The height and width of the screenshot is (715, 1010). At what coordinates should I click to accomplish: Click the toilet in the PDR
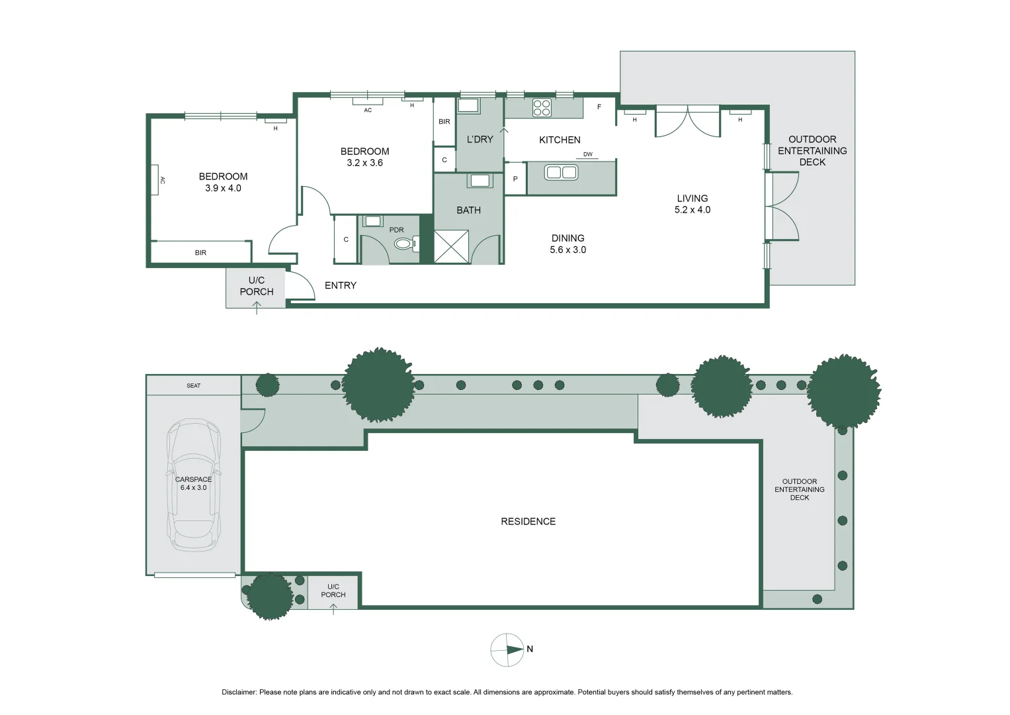406,244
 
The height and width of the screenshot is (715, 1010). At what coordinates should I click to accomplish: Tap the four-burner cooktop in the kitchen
542,108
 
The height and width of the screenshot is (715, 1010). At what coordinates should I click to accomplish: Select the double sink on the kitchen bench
561,172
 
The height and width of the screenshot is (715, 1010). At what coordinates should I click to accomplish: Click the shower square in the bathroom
451,246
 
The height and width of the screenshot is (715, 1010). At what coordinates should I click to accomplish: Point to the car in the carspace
193,485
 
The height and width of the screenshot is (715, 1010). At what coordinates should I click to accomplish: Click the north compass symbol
507,650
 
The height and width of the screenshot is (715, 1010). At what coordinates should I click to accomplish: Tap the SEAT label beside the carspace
193,385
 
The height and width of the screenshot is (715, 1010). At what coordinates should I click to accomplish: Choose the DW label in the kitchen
587,154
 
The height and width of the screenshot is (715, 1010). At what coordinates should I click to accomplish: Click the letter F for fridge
599,107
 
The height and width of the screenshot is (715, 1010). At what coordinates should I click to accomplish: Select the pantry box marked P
515,178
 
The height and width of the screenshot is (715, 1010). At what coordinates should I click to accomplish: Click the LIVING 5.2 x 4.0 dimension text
692,209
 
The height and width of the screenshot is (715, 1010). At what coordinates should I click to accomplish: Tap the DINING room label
568,238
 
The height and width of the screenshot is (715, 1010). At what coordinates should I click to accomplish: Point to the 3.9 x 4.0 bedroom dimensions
223,188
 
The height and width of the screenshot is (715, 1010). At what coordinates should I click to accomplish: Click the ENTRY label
341,285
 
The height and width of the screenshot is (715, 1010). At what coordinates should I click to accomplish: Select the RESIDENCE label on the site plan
528,522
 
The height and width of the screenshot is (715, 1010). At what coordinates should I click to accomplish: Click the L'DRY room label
480,140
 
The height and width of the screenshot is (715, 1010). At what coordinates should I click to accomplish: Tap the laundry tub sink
468,106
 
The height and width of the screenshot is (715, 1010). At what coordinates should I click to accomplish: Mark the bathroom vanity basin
480,181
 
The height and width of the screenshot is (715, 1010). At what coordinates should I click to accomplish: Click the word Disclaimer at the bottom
239,692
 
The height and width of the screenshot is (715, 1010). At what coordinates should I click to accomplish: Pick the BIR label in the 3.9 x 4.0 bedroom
200,253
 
